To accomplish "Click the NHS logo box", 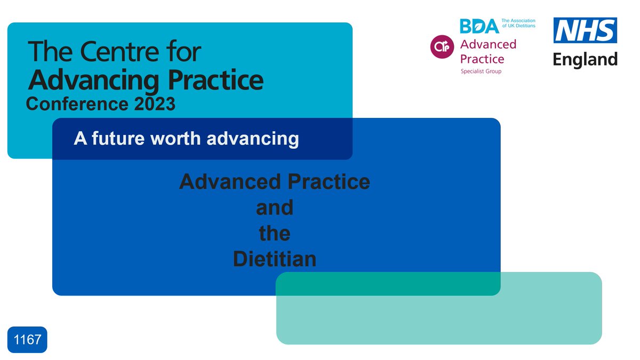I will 585,30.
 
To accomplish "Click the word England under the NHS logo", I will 585,59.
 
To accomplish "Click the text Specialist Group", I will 481,71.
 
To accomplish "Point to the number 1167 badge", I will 27,340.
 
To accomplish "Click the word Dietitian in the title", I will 275,259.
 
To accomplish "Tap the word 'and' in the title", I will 275,207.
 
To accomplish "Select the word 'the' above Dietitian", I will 275,234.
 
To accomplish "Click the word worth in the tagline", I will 177,139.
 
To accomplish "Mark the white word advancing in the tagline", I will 252,139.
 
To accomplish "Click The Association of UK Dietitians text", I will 518,23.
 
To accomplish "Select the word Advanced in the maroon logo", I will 488,44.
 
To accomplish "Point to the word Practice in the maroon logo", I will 482,58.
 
